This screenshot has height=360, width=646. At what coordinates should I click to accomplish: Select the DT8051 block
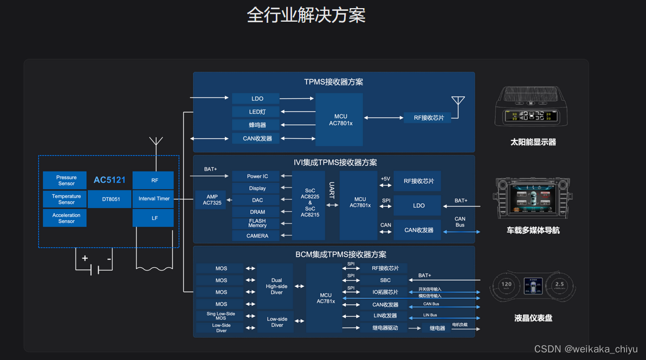(x=111, y=199)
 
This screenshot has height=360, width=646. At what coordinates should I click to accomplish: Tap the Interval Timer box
(x=153, y=199)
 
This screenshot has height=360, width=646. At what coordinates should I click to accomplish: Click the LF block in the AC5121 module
(x=153, y=218)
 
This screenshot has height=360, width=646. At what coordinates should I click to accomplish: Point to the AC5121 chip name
(x=109, y=180)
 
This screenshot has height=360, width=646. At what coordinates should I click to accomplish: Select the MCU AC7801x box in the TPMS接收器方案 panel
(x=340, y=120)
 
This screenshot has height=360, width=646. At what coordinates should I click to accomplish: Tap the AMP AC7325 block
(x=211, y=200)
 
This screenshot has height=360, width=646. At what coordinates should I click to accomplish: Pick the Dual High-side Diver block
(x=276, y=286)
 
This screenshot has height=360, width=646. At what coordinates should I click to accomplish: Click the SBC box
(x=385, y=280)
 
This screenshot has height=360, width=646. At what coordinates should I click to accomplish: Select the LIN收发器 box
(x=385, y=316)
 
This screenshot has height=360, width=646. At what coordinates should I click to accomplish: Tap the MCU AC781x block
(x=325, y=298)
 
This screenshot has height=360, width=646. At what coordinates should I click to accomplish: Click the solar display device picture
(x=531, y=107)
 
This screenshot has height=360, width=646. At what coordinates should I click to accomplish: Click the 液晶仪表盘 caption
(x=533, y=318)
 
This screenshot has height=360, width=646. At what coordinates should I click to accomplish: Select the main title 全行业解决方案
(x=306, y=15)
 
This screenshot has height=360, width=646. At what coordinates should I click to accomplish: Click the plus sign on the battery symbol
(x=85, y=258)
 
